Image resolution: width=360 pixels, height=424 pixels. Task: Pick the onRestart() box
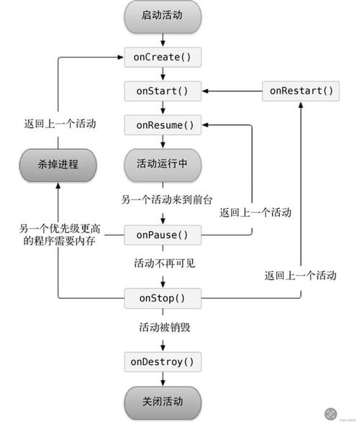(301, 91)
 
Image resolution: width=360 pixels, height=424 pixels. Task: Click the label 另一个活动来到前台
(166, 198)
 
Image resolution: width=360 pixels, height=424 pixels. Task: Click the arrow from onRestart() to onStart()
(230, 91)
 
